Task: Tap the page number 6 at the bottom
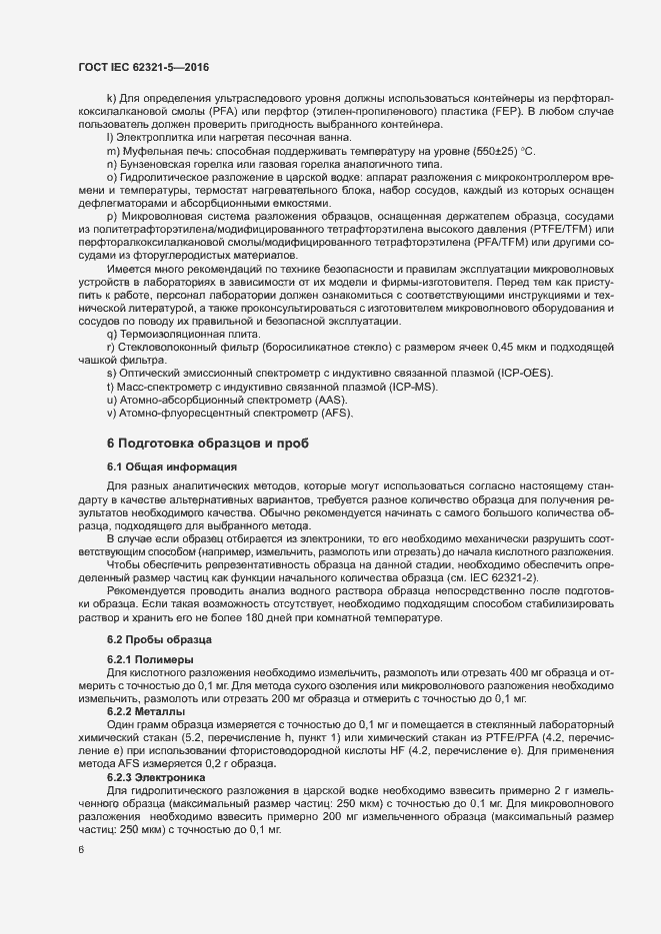tap(81, 851)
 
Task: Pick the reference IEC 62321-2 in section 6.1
tap(544, 578)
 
